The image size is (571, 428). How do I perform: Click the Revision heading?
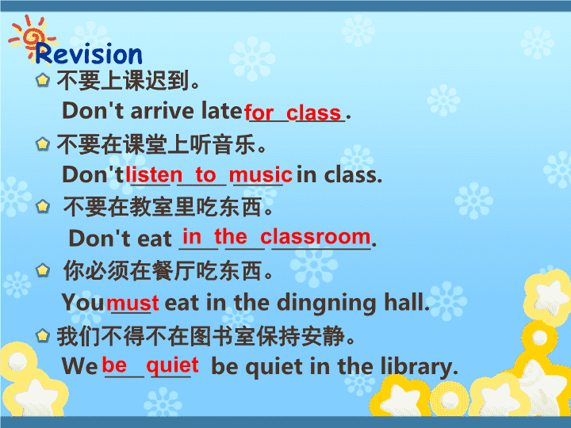(89, 54)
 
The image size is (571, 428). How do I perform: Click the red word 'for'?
(259, 112)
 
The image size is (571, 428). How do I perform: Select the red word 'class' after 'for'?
(313, 112)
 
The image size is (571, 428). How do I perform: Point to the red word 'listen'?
(154, 174)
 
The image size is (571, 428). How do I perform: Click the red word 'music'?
(260, 174)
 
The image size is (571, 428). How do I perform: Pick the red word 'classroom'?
(316, 236)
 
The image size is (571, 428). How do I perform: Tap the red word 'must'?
(133, 303)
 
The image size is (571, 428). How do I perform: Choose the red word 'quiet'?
(173, 365)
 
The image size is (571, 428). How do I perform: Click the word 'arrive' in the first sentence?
(162, 111)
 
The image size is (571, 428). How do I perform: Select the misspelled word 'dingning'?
(327, 304)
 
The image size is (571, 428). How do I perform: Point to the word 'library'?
(420, 367)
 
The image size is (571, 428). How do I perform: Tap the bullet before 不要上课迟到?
(43, 80)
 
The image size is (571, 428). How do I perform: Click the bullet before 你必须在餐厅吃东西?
(43, 270)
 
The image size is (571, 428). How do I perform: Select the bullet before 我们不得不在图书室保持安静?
(43, 335)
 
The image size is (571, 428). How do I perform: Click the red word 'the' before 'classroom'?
(231, 236)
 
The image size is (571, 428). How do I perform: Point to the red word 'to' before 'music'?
(205, 174)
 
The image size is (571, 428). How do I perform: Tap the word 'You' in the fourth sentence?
(82, 302)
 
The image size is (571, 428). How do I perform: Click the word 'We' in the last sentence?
(79, 366)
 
